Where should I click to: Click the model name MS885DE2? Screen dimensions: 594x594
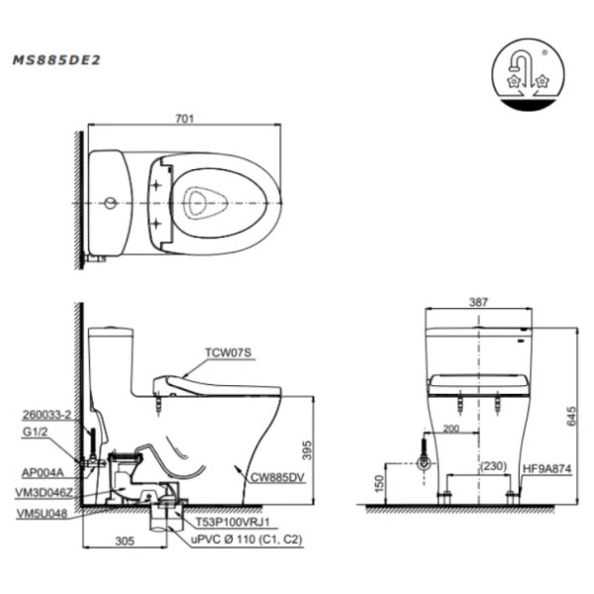click(x=56, y=60)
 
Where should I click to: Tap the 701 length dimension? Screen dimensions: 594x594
click(x=184, y=119)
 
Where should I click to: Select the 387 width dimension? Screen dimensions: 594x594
click(x=478, y=302)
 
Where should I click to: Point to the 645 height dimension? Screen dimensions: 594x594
click(x=571, y=416)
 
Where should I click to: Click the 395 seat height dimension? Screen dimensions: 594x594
click(x=307, y=450)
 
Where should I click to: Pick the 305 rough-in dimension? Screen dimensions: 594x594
click(x=125, y=541)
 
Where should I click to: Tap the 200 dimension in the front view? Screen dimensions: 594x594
click(x=450, y=429)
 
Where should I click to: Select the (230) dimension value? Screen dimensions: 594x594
click(x=493, y=465)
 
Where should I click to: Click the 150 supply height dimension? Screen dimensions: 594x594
click(x=379, y=483)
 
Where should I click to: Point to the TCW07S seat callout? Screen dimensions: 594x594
click(x=228, y=352)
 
